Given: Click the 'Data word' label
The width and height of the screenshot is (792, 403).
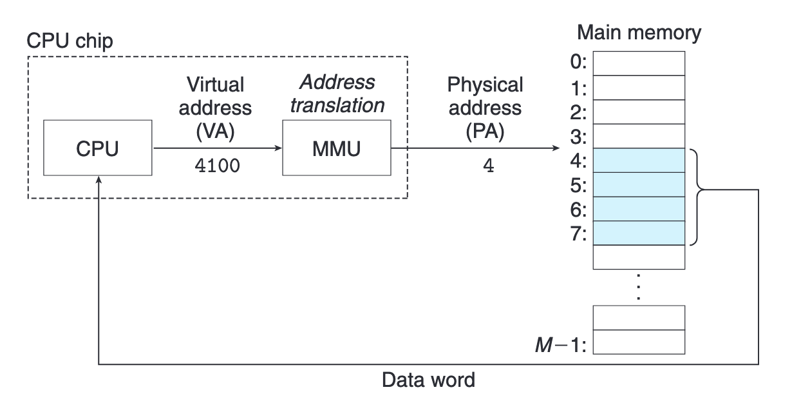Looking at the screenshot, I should point(428,380).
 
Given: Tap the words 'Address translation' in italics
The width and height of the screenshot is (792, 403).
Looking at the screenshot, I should point(337,93).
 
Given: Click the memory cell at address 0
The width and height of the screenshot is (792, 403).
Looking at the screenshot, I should point(639,63).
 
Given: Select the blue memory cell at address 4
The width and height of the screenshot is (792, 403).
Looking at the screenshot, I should point(639,161).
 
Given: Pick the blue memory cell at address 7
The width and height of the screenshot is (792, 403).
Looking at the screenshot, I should point(639,233).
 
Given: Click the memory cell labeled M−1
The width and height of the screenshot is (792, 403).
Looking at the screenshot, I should point(639,342).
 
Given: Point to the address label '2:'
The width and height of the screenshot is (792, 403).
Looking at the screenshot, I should point(578,113).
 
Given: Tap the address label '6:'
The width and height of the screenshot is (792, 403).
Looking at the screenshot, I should point(578,210).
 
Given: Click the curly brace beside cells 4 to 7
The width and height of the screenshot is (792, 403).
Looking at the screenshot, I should point(699,197).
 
